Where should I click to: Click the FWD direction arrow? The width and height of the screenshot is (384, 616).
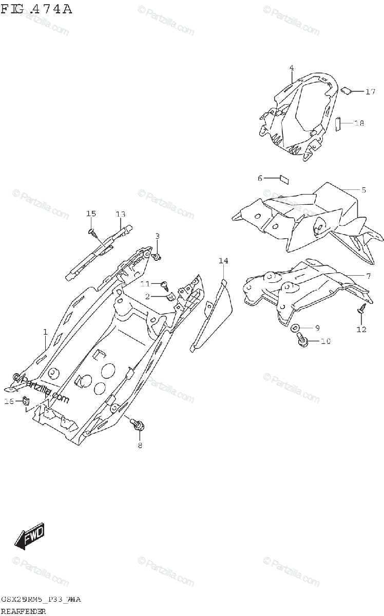(30, 536)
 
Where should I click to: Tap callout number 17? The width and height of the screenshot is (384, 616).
(371, 92)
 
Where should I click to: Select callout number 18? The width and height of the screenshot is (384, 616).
(359, 123)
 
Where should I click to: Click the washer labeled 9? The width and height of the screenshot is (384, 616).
(296, 328)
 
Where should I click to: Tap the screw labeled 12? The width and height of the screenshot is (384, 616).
(361, 310)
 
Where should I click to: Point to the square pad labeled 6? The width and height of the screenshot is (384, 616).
(284, 179)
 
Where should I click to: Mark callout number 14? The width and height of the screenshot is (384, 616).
(223, 261)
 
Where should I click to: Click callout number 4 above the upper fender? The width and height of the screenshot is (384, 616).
(291, 68)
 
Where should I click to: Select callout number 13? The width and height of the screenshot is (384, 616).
(120, 214)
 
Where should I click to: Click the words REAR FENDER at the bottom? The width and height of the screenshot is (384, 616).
(24, 611)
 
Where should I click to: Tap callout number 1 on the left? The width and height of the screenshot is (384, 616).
(45, 332)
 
